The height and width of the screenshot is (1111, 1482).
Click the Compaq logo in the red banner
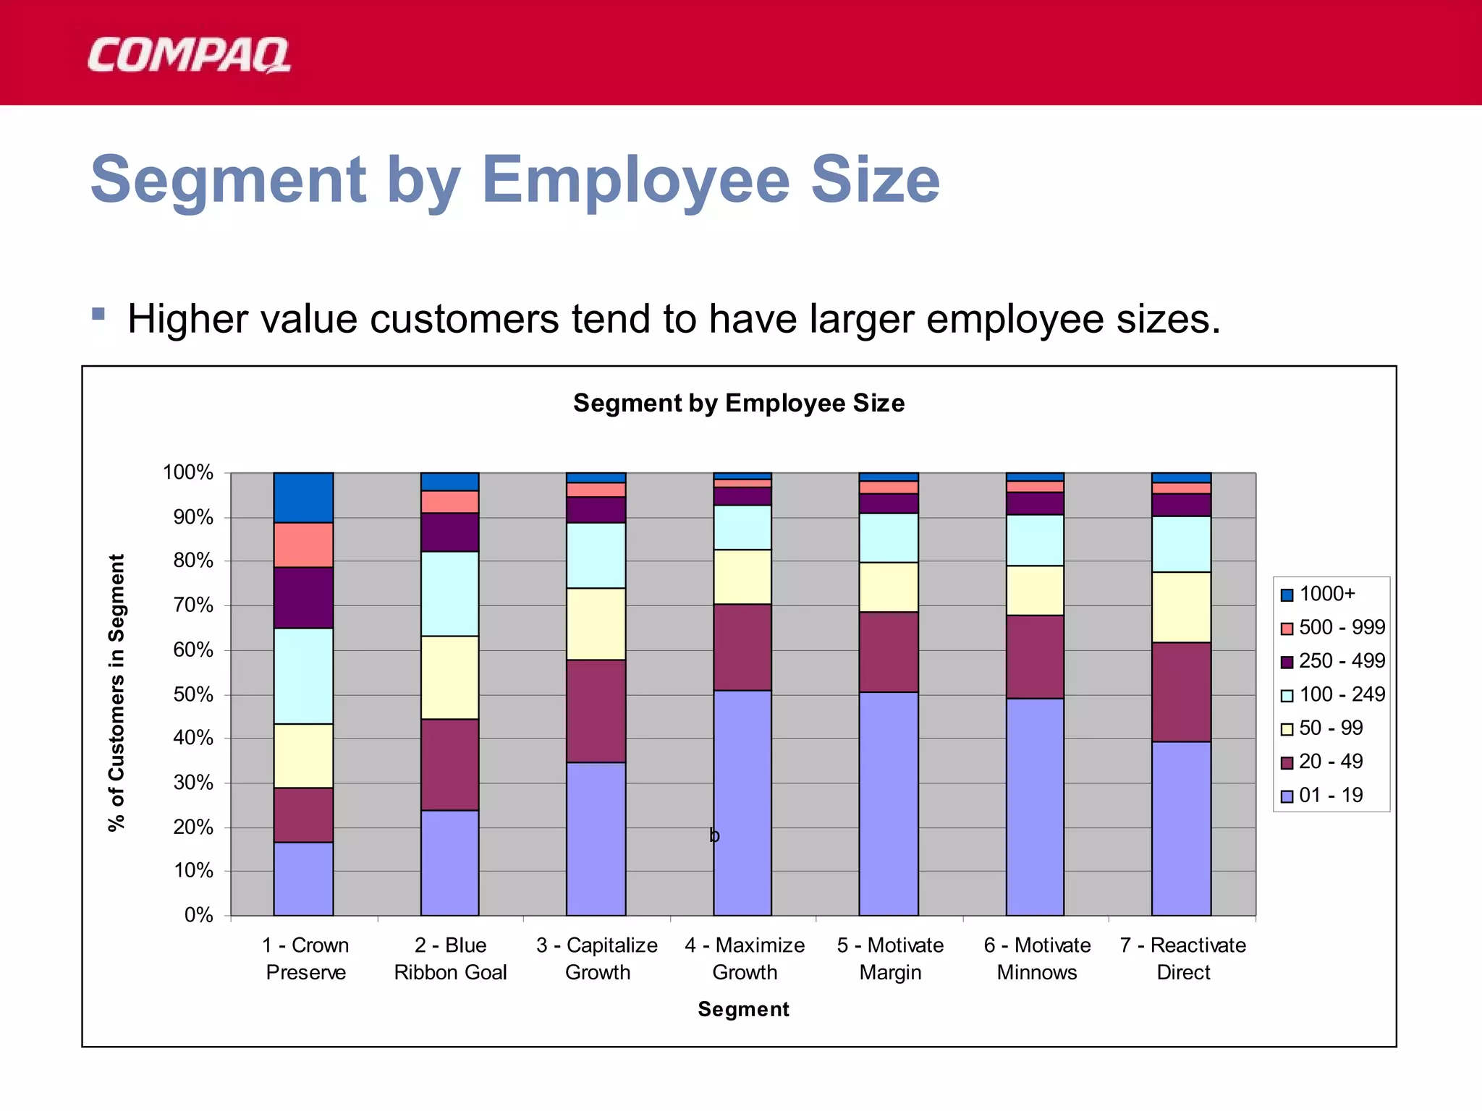[188, 56]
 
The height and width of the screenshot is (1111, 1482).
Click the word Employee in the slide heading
[635, 181]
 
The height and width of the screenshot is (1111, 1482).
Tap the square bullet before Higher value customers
[98, 315]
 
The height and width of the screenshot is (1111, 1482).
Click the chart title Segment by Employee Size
[738, 403]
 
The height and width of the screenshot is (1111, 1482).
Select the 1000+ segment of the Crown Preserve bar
[303, 498]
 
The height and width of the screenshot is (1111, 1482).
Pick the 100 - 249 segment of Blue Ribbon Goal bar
[449, 594]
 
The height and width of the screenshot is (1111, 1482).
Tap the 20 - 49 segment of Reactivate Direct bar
[1181, 691]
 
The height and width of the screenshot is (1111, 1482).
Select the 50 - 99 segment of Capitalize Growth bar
[596, 623]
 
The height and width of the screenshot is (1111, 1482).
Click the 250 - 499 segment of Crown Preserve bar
[303, 597]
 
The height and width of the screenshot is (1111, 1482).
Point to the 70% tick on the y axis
[193, 605]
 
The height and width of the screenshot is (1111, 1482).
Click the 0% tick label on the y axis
[198, 915]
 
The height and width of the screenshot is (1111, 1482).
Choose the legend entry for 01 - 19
[1330, 795]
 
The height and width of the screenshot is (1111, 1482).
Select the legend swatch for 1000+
[1287, 595]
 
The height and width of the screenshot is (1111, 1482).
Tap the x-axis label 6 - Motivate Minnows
[1036, 958]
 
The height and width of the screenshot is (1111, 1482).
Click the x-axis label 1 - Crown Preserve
[305, 958]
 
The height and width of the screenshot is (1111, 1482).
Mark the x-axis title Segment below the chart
[743, 1009]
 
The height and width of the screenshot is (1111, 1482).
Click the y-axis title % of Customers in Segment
[117, 692]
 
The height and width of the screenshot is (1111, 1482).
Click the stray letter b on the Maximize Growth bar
[714, 836]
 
